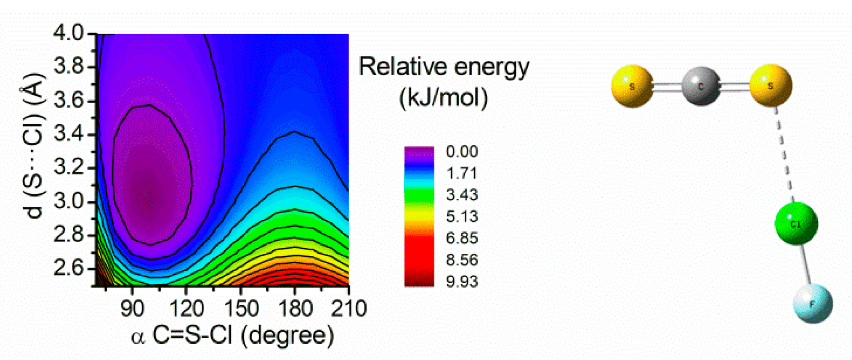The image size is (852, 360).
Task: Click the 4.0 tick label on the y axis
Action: click(69, 33)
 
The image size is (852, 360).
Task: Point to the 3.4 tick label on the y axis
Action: click(69, 134)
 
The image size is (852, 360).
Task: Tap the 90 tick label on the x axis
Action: click(132, 309)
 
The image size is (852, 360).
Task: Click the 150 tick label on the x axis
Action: click(241, 309)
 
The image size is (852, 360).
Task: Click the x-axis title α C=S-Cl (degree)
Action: click(232, 336)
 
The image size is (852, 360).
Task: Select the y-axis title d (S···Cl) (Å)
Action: click(33, 146)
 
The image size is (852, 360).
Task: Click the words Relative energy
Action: click(444, 67)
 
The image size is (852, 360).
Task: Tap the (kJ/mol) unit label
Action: click(444, 98)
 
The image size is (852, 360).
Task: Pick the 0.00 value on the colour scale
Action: click(462, 151)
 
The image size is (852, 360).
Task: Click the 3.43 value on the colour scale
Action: click(462, 195)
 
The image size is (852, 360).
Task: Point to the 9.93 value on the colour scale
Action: click(462, 282)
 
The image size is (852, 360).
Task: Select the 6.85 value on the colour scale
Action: click(462, 238)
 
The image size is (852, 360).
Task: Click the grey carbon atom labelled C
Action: click(701, 86)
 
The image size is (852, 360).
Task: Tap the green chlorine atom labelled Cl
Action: click(796, 224)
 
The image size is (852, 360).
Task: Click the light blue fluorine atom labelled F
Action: click(813, 304)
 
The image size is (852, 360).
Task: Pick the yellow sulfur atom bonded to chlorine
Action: click(770, 85)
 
